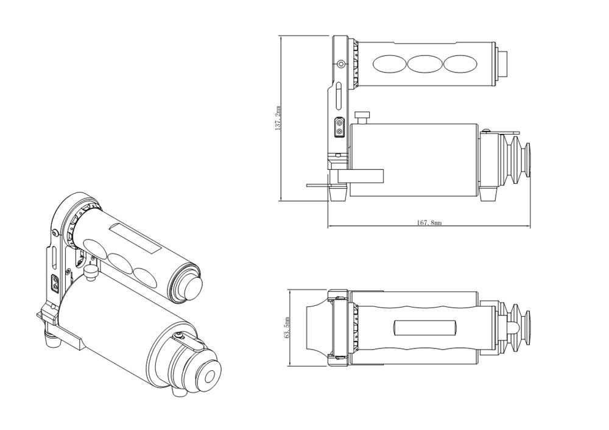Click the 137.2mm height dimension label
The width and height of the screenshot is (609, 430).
coord(278,118)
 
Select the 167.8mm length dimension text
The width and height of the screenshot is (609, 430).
coord(429,222)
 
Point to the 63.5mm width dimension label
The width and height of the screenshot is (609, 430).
coord(287,328)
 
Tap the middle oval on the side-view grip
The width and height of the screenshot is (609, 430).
coord(424,63)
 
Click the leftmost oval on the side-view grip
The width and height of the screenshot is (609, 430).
coord(389,63)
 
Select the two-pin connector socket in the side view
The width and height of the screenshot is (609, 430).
coord(339,127)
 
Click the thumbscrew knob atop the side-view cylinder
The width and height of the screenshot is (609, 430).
coord(363,118)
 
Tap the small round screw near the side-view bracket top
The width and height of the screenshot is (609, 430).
coord(341,63)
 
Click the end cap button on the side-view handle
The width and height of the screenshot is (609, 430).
coord(504,63)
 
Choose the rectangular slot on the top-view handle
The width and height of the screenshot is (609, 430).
coord(424,328)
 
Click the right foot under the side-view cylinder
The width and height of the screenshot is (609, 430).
coord(488,194)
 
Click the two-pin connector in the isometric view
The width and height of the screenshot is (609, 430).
coord(55,283)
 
